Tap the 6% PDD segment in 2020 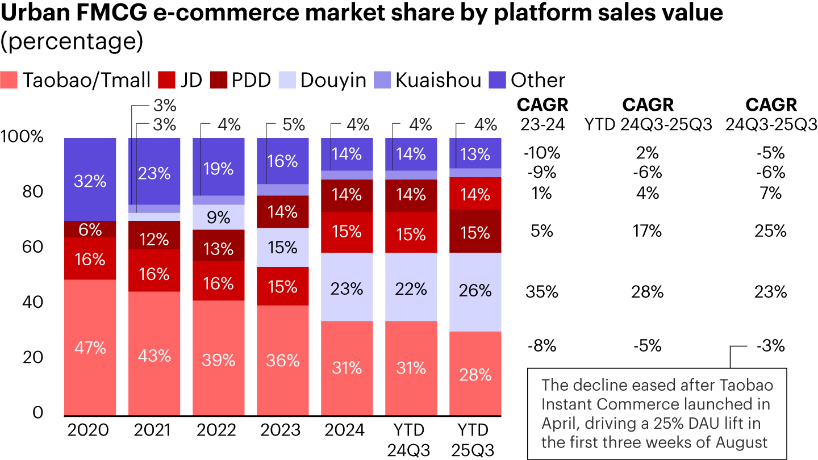[x=90, y=229]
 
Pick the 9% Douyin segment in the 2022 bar [x=218, y=217]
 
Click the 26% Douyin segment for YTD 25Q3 [x=475, y=291]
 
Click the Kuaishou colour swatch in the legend [x=382, y=80]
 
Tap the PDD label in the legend [x=251, y=80]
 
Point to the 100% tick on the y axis [x=22, y=137]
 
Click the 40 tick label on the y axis [x=28, y=302]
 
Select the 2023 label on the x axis [x=282, y=430]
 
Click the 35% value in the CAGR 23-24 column [x=541, y=292]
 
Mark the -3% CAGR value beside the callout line [x=771, y=345]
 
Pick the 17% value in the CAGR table [x=647, y=231]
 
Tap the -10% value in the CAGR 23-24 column [x=541, y=152]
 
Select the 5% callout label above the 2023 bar [x=294, y=124]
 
